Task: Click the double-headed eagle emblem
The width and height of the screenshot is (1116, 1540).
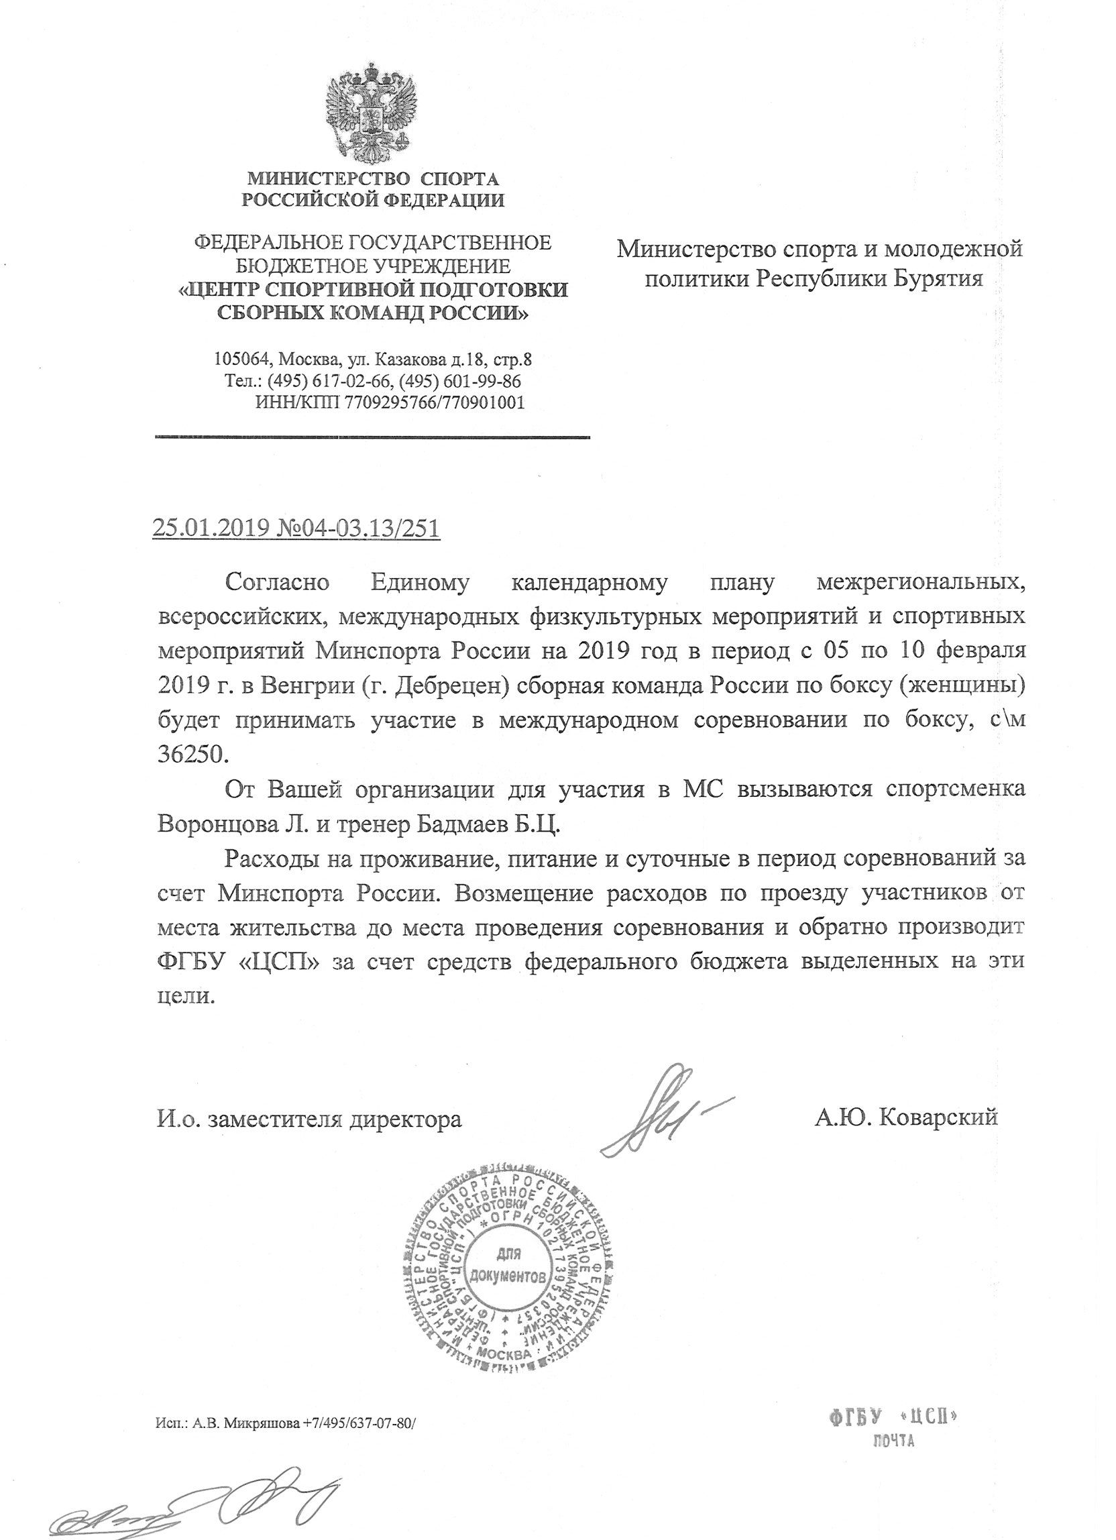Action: coord(371,111)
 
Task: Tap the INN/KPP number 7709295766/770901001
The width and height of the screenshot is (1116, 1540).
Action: coord(435,402)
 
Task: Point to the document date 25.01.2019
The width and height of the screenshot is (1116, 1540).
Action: coord(211,528)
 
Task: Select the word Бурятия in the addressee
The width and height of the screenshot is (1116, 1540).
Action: coord(937,278)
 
